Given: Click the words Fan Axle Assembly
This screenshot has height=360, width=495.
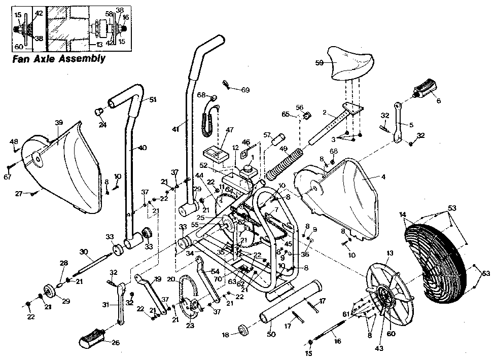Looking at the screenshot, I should point(58,58).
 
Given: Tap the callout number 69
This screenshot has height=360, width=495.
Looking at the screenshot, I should point(245,90).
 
